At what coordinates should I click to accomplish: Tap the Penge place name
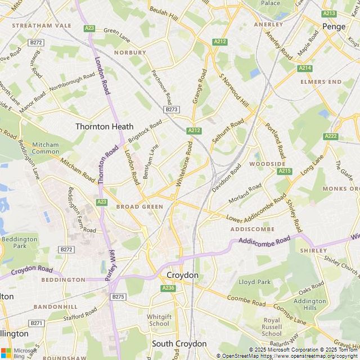[x=334, y=26]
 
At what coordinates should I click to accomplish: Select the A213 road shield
[x=329, y=13]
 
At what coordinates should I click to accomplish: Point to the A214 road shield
[x=305, y=68]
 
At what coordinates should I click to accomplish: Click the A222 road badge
[x=331, y=136]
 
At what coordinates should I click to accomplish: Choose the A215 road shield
[x=285, y=171]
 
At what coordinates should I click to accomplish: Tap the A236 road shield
[x=168, y=288]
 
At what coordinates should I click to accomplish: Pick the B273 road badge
[x=172, y=109]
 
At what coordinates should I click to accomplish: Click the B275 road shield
[x=118, y=296]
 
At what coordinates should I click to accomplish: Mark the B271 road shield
[x=37, y=323]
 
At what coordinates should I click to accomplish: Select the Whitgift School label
[x=159, y=320]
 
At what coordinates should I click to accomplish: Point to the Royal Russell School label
[x=272, y=327]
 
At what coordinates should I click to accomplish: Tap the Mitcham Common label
[x=46, y=147]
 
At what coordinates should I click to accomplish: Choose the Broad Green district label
[x=139, y=206]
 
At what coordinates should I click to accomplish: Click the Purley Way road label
[x=111, y=264]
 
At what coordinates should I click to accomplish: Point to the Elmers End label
[x=321, y=82]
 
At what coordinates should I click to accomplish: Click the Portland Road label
[x=276, y=140]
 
